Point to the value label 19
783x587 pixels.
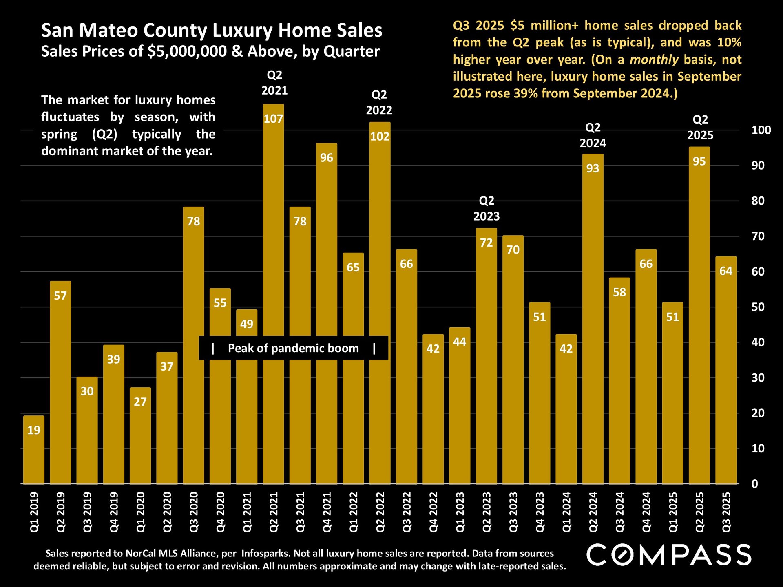(34, 430)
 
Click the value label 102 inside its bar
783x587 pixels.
(380, 137)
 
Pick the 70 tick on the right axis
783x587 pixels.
(758, 236)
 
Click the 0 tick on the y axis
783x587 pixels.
(755, 484)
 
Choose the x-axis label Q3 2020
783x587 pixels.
(194, 512)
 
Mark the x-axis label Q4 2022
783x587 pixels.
(433, 512)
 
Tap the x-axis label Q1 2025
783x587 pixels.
(673, 512)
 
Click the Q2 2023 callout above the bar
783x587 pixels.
(487, 208)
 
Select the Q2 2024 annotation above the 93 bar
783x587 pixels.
(593, 135)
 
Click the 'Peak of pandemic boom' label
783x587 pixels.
(293, 348)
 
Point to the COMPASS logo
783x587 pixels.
(669, 555)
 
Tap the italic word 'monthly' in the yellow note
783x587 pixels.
(654, 60)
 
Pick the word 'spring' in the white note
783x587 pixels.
(59, 134)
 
